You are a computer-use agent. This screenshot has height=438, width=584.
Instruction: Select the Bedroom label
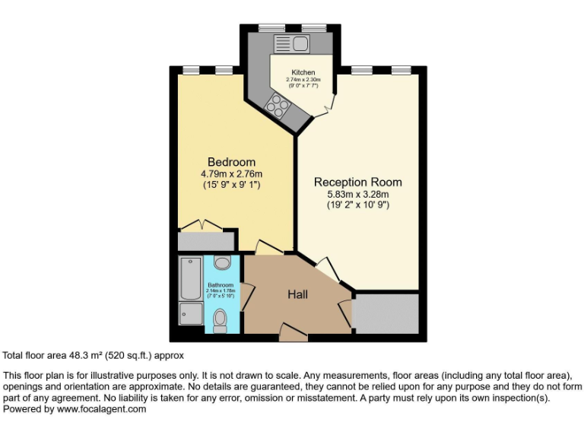click(x=231, y=162)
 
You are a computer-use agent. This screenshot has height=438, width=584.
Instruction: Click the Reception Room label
click(x=357, y=182)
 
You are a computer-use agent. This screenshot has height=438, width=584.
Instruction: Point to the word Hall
click(x=297, y=294)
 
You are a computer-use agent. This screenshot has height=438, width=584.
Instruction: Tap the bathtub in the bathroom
click(x=188, y=278)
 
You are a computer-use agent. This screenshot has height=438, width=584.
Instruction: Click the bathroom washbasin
click(x=222, y=263)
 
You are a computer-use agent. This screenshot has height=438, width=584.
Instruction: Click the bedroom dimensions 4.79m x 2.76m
click(x=231, y=174)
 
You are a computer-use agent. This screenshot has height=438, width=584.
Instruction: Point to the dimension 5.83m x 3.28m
click(x=357, y=194)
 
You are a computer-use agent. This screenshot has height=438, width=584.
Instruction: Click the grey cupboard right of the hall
click(x=386, y=313)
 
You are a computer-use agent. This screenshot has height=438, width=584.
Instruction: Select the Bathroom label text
click(x=221, y=286)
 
